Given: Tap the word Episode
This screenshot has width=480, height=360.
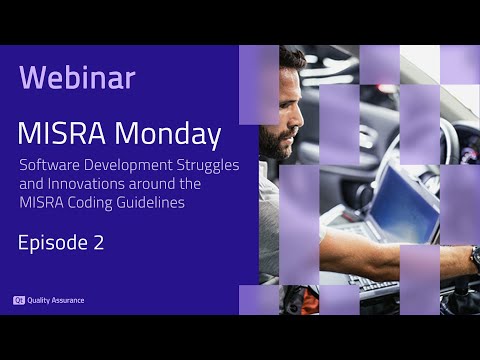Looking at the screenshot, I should (x=51, y=243).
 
